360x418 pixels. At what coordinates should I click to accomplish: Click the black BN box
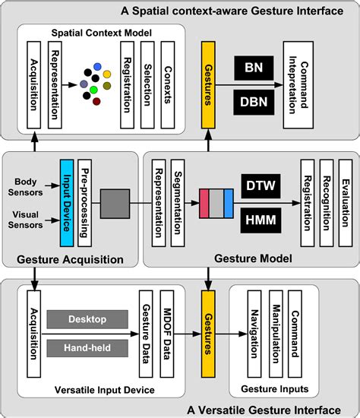pyautogui.click(x=250, y=68)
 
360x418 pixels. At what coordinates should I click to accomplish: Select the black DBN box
pyautogui.click(x=250, y=102)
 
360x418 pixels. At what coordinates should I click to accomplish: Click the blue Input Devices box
pyautogui.click(x=66, y=203)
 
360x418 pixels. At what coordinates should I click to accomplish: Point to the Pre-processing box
pyautogui.click(x=85, y=203)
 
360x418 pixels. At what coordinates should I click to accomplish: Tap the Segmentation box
pyautogui.click(x=177, y=203)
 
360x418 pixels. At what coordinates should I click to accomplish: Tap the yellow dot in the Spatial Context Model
pyautogui.click(x=108, y=74)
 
